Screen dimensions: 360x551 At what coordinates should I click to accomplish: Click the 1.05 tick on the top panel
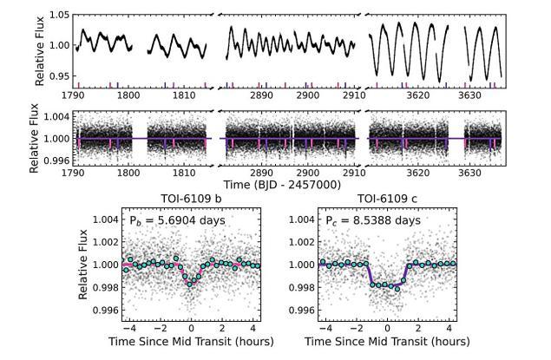[x=59, y=15]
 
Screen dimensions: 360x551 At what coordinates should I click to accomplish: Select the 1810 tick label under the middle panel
[x=180, y=173]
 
